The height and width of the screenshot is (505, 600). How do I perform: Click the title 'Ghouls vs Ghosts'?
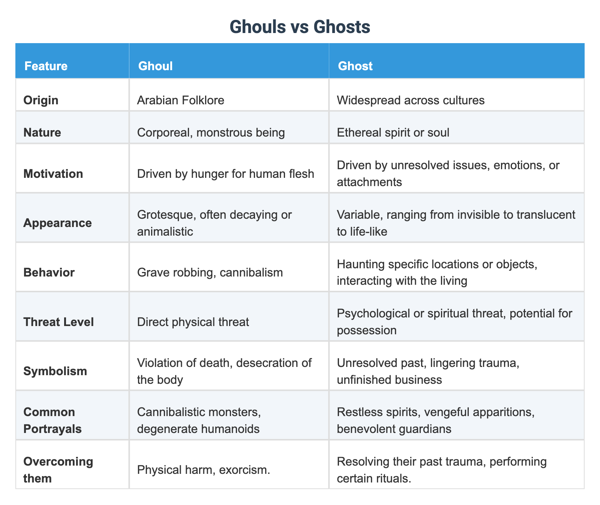click(300, 27)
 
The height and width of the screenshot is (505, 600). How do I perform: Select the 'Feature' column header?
click(46, 66)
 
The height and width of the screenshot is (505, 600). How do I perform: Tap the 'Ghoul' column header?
click(155, 66)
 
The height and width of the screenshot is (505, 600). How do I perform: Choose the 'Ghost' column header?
click(355, 66)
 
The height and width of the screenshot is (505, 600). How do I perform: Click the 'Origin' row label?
click(40, 101)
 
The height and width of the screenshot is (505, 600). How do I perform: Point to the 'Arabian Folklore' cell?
click(180, 101)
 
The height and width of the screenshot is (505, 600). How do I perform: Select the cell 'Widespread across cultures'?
click(411, 101)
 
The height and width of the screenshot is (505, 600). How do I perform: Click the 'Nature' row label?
click(42, 132)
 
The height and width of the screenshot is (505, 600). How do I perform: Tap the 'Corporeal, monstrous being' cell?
click(211, 132)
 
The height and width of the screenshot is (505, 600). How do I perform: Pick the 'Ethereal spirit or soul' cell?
click(393, 132)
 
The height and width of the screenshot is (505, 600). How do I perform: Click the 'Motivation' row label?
click(53, 174)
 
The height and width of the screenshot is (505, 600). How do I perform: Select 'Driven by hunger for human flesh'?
click(225, 174)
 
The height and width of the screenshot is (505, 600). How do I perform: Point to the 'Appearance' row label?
click(57, 223)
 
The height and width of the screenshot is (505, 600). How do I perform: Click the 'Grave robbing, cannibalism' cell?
click(210, 272)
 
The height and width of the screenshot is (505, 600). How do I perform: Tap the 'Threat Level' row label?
click(58, 322)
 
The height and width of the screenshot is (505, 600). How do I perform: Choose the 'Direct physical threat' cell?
click(193, 322)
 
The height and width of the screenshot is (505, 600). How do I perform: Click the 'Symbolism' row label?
click(55, 371)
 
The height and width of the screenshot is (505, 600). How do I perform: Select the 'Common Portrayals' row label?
click(52, 420)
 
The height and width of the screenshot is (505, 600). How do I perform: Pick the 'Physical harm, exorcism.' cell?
click(203, 470)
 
